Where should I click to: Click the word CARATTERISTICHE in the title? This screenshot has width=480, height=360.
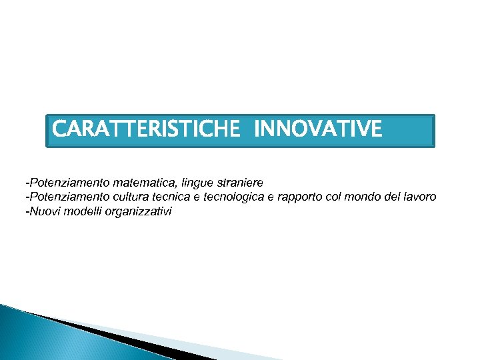tap(145, 128)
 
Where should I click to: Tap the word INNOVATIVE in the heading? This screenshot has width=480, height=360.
tap(318, 128)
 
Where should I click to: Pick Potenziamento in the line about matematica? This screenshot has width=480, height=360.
tap(68, 181)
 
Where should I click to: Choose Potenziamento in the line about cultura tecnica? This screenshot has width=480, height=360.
tap(68, 197)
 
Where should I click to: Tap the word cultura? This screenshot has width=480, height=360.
tap(133, 197)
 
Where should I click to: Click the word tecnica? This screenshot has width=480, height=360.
tap(173, 197)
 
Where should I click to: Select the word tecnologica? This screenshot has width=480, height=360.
tap(233, 197)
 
